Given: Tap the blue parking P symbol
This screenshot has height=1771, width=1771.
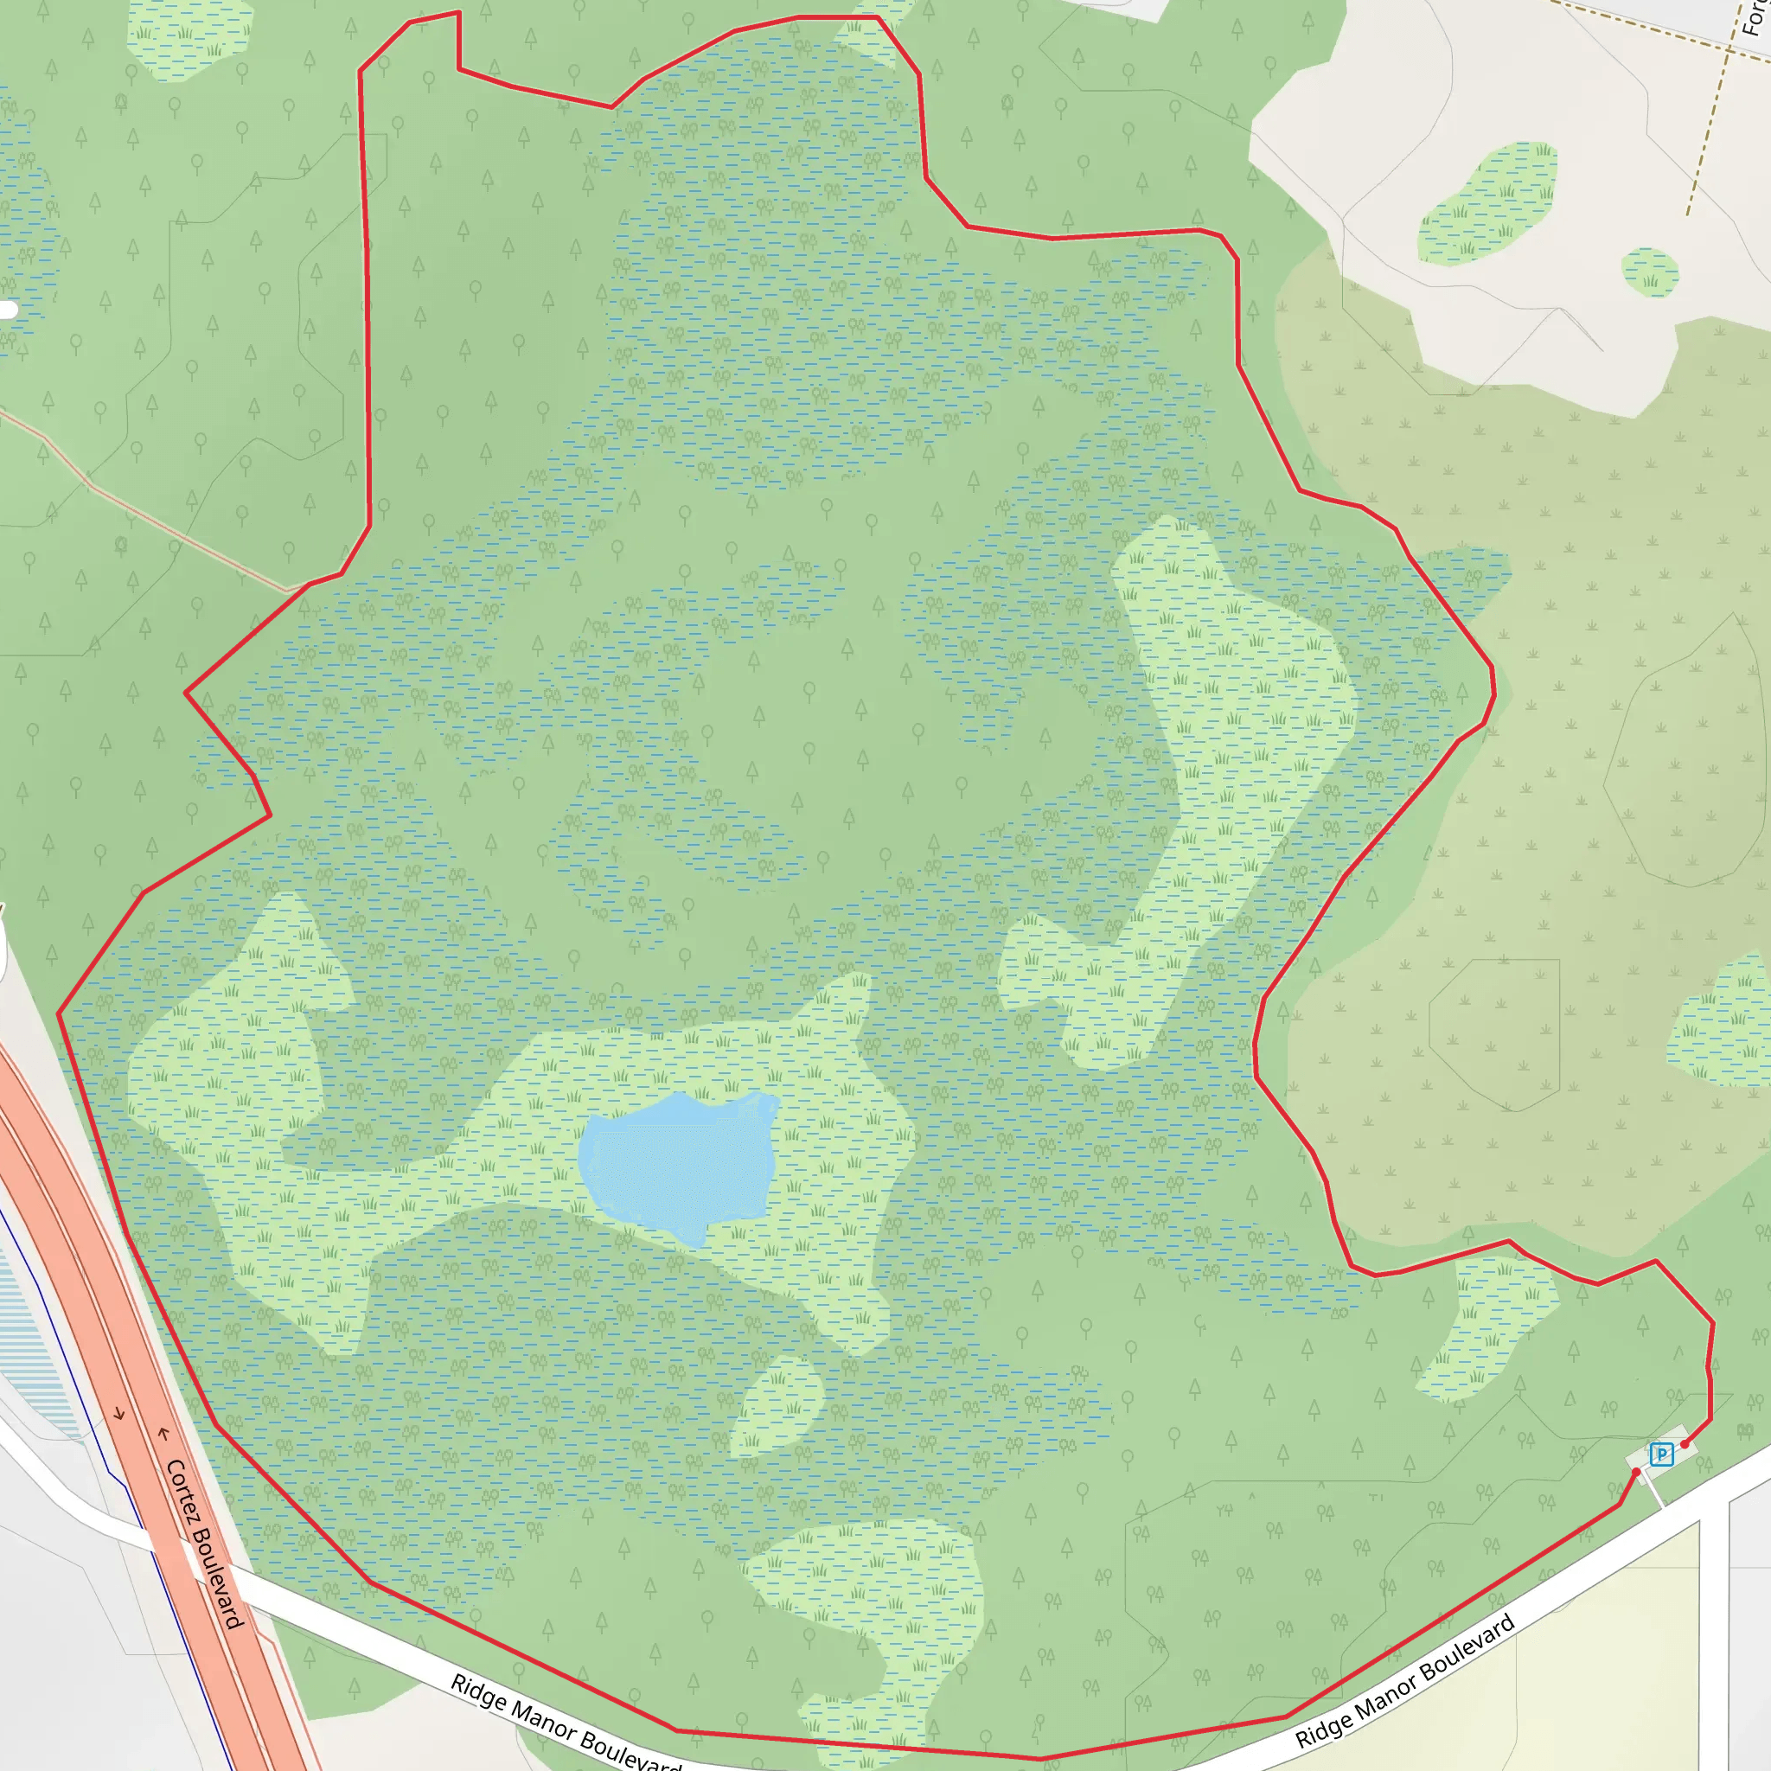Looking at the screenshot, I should click(x=1661, y=1454).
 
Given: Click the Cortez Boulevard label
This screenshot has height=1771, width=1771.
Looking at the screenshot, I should click(x=204, y=1544).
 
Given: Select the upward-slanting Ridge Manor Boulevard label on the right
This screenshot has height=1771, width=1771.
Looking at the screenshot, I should click(x=1404, y=1682).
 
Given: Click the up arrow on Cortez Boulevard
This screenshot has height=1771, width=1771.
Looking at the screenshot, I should click(x=164, y=1434).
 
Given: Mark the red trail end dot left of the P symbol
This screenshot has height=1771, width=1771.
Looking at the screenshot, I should click(x=1636, y=1472).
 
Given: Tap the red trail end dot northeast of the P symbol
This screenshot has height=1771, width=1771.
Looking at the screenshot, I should click(x=1685, y=1445).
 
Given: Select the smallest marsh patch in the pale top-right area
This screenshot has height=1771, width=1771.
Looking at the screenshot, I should click(x=1650, y=272).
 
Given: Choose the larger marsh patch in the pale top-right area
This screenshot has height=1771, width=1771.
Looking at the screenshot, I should click(x=1486, y=203).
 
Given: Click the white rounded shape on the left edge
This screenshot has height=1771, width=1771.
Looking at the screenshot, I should click(x=7, y=310).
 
